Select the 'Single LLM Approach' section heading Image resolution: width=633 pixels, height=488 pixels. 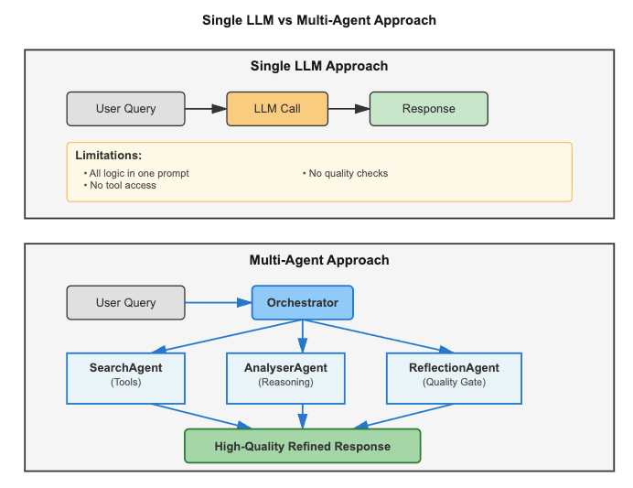tap(319, 66)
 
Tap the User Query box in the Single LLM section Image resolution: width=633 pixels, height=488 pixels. tap(126, 108)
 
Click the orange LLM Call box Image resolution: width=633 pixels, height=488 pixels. tap(277, 108)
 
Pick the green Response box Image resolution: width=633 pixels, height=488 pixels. tap(428, 108)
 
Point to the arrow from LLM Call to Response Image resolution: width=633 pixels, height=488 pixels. tap(349, 108)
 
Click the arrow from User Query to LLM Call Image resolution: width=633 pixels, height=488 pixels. tap(206, 108)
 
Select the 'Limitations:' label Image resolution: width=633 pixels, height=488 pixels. tap(108, 156)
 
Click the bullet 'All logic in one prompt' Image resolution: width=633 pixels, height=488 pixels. tap(139, 173)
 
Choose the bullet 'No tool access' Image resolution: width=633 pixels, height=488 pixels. tap(123, 185)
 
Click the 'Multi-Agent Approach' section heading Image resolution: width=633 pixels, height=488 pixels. tap(319, 260)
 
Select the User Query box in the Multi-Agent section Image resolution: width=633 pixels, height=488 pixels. tap(126, 302)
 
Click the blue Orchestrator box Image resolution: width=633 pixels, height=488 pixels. tap(302, 302)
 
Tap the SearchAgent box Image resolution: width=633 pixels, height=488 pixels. tap(126, 377)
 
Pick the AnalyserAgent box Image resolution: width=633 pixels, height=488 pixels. tap(285, 377)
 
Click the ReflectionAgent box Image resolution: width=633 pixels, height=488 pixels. tap(454, 377)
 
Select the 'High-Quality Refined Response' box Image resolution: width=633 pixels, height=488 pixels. tap(302, 446)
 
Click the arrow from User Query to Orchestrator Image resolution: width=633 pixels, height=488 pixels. tap(219, 302)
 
